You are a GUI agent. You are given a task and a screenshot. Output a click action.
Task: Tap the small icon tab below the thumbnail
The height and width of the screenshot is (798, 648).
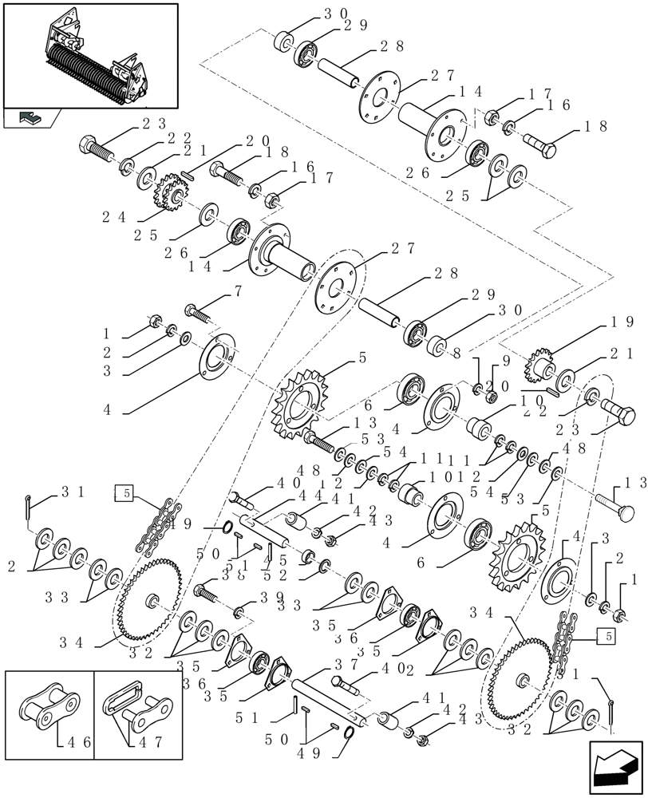pyautogui.click(x=30, y=118)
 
